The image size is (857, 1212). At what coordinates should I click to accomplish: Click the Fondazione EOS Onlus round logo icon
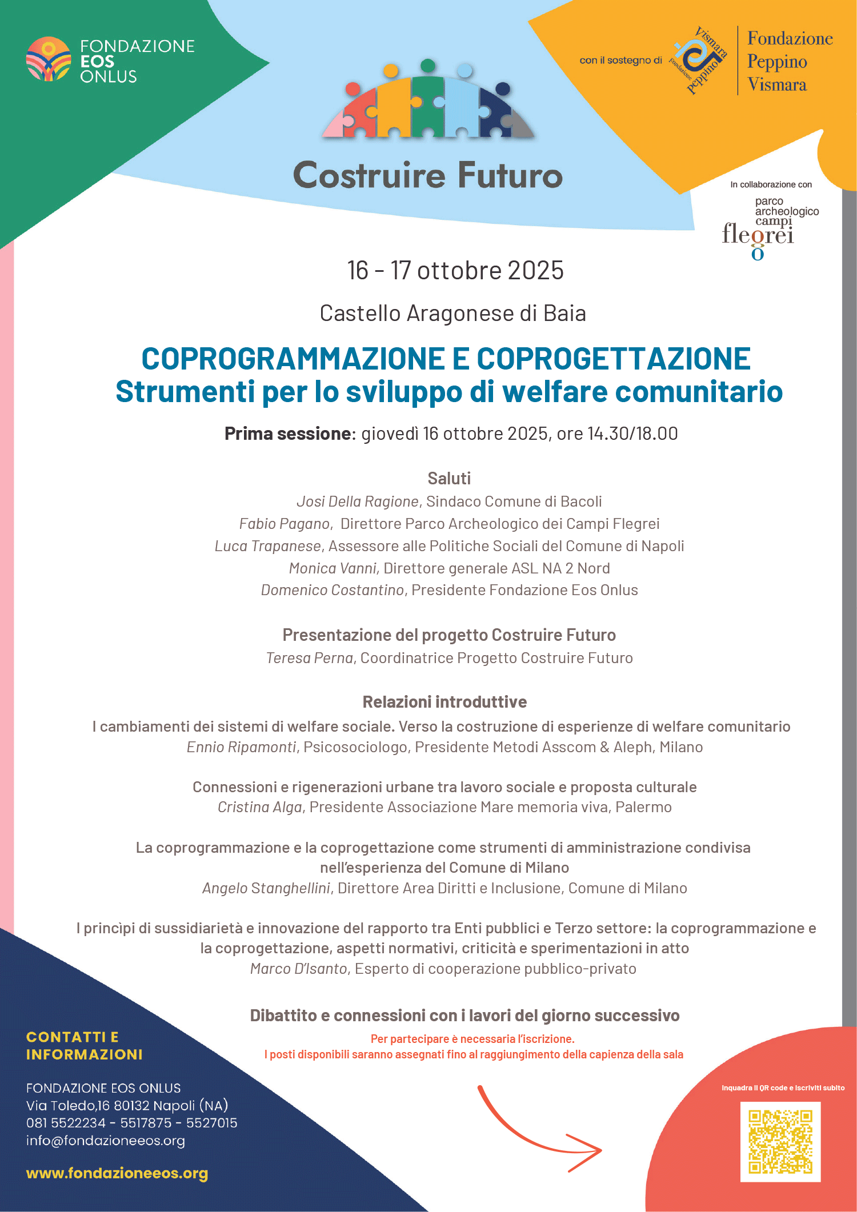49,59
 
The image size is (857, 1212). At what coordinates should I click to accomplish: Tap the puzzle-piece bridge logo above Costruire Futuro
428,103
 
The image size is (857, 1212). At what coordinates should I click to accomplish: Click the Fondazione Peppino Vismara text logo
790,62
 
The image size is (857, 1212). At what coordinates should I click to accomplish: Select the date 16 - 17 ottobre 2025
455,271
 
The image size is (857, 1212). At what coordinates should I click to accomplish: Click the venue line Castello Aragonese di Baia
452,314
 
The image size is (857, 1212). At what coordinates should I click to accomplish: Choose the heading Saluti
449,479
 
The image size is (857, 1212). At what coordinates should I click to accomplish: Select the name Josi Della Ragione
358,501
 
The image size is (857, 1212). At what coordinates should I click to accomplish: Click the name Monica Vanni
333,568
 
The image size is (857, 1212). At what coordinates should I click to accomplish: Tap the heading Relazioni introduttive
444,702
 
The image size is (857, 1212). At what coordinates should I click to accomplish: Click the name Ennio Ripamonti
241,747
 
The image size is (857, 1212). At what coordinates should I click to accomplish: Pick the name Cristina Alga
259,807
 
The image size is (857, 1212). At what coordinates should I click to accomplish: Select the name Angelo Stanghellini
266,888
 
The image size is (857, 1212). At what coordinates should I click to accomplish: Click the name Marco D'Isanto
299,969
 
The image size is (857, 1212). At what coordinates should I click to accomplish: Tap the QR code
780,1141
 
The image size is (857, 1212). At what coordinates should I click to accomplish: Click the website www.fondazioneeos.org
117,1173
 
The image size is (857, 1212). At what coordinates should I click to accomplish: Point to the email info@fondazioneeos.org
106,1141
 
